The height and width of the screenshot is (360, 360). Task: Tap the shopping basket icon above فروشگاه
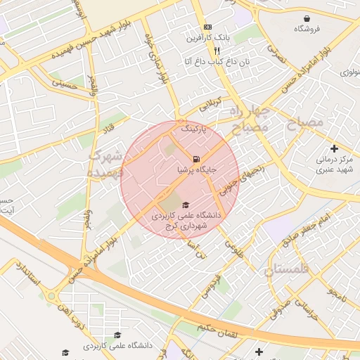[x=307, y=18]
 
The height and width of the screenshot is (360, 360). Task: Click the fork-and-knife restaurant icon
[x=217, y=51]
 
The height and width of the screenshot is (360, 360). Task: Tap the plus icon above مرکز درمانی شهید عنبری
[x=334, y=148]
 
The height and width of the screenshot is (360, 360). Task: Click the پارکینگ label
[x=195, y=129]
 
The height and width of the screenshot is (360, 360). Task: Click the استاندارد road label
[x=28, y=278]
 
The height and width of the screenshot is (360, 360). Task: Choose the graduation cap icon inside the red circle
[x=186, y=205]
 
